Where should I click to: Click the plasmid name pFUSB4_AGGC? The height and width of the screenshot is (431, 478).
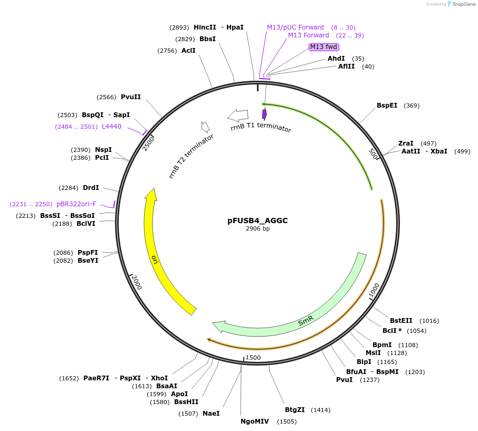(x=257, y=221)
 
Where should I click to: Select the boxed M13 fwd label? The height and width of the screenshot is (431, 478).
(x=323, y=47)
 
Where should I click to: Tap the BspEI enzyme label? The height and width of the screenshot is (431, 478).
(x=387, y=106)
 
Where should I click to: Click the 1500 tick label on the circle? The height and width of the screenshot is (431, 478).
(x=253, y=358)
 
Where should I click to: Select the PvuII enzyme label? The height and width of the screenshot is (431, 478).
(x=131, y=97)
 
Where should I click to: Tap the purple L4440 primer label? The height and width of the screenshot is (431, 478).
(x=111, y=127)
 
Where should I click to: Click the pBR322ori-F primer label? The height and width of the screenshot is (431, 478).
(x=77, y=204)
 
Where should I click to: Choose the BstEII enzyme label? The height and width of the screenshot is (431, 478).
(x=401, y=321)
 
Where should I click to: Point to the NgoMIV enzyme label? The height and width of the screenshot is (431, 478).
(x=254, y=422)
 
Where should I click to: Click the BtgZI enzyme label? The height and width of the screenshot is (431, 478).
(x=295, y=410)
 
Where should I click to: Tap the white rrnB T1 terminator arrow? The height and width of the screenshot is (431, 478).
(x=238, y=114)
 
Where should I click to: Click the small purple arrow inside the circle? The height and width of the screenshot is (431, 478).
(x=264, y=113)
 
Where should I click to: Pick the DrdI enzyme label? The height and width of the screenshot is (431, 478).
(x=91, y=188)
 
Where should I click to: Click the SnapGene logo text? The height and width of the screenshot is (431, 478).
(x=462, y=4)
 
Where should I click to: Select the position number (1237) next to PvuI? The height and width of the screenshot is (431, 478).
(x=370, y=380)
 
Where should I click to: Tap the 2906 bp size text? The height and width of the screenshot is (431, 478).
(x=257, y=229)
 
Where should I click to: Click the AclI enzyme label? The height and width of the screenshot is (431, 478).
(x=188, y=51)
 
